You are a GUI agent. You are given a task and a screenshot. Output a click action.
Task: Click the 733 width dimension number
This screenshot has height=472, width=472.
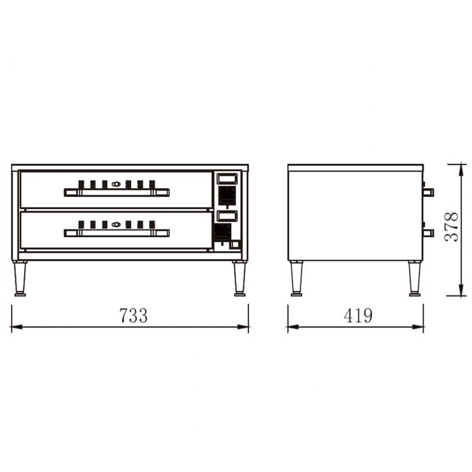133,315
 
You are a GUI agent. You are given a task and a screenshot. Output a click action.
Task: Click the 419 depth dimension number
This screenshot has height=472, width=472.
358,315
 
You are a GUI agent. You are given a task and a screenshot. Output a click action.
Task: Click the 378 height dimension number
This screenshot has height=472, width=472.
451,227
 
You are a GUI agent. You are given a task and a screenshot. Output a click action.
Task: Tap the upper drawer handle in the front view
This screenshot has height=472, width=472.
117,192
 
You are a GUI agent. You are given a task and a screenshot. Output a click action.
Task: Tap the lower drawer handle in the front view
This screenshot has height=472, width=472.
117,233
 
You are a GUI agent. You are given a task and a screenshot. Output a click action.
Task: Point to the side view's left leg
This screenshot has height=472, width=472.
296,278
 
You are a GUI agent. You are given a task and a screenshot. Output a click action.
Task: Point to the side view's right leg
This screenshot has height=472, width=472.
414,278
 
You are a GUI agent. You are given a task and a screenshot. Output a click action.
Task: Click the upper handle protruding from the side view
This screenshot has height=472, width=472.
429,192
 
